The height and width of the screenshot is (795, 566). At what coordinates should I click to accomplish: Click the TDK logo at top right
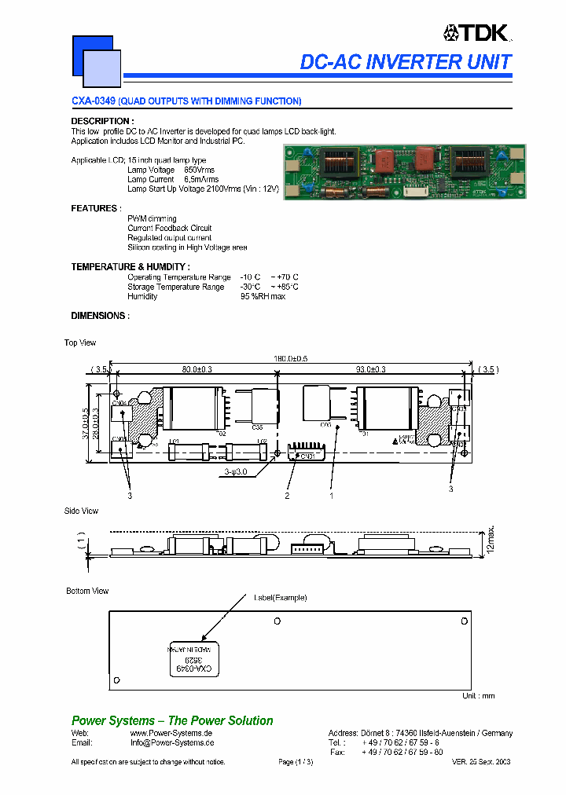[x=477, y=32]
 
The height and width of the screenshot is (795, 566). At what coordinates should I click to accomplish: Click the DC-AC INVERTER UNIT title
[x=406, y=62]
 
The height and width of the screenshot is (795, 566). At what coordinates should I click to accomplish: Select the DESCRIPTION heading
[x=101, y=121]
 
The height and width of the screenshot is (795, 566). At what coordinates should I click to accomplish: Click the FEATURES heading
[x=96, y=208]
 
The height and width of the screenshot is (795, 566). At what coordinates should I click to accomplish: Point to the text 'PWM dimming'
[x=152, y=218]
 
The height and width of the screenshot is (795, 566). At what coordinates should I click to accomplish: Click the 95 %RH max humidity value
[x=263, y=296]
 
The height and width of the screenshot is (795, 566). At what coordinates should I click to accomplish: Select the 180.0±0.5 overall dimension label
[x=291, y=358]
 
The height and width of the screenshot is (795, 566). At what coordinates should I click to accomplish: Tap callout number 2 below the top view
[x=288, y=496]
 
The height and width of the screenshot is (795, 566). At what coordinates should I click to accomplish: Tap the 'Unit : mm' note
[x=478, y=696]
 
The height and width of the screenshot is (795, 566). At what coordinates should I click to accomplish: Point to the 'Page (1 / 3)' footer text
[x=296, y=762]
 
